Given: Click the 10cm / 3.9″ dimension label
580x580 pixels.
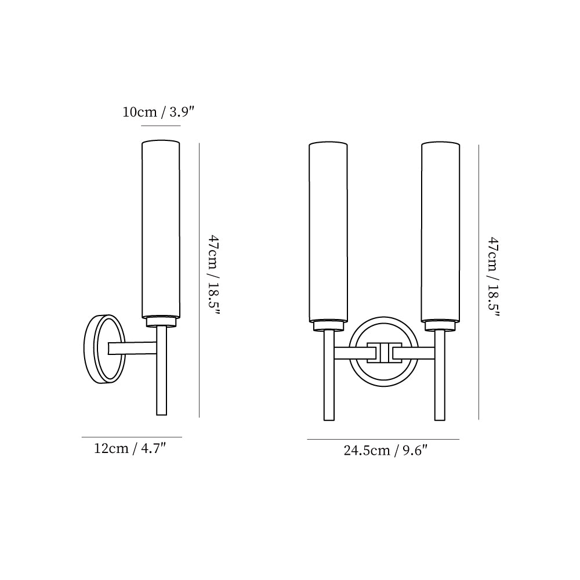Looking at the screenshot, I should [x=158, y=111].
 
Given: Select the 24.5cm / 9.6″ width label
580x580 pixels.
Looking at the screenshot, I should [x=385, y=450].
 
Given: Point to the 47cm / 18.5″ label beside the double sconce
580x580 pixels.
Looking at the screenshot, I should [x=493, y=277].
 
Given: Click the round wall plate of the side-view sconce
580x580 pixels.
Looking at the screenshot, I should [x=104, y=348].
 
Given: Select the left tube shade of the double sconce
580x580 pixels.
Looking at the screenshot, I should [x=328, y=232].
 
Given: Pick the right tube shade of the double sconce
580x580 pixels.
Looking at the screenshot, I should [x=441, y=232].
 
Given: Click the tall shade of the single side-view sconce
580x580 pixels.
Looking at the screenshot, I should [x=161, y=229].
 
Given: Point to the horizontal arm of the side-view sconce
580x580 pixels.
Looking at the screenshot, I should [x=132, y=348].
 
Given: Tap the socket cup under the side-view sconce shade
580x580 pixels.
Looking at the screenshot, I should [x=161, y=321].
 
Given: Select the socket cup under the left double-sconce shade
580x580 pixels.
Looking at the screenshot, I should [x=328, y=326].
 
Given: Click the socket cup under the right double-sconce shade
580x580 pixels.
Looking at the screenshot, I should [x=441, y=326].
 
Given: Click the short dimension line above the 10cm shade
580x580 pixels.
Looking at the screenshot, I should [x=161, y=126].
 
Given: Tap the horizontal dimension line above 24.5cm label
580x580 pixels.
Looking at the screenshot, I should [x=383, y=439].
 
